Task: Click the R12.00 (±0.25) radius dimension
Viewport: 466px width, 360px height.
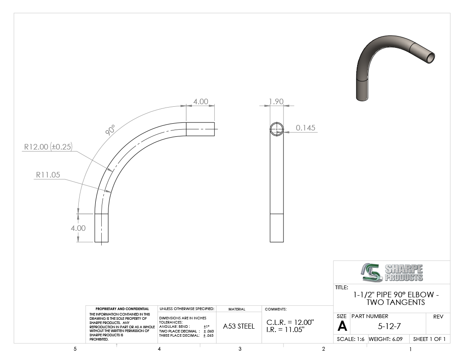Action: [48, 147]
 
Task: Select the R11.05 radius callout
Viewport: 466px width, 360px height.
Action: [48, 174]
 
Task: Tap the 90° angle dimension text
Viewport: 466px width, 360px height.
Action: [110, 130]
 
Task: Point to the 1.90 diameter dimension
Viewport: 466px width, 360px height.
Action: [276, 102]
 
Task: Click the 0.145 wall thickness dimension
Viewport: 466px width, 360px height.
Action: [305, 128]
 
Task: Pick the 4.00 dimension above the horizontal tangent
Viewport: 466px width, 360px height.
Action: [201, 102]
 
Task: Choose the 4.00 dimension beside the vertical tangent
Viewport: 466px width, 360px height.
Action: [78, 228]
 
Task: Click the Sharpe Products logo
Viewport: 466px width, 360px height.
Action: [392, 272]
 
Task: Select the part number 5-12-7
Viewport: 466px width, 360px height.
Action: [389, 327]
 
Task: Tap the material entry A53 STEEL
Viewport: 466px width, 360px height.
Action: [239, 326]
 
